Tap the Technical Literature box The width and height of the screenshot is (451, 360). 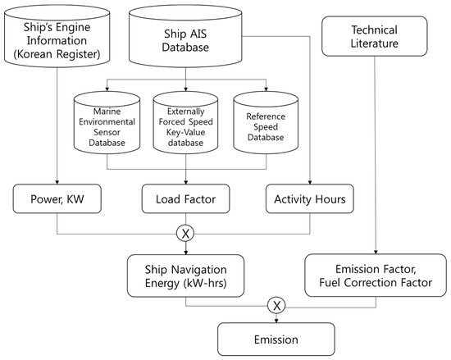coord(376,36)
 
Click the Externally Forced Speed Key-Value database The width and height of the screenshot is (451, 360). coord(185,125)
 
